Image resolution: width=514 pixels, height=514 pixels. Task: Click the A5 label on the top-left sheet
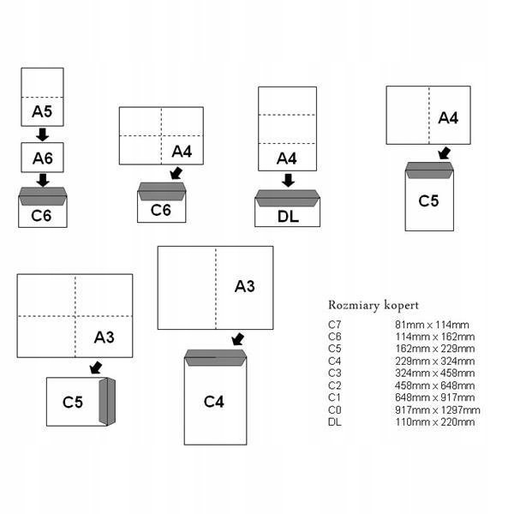coord(42,111)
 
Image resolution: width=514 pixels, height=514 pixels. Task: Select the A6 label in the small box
coord(42,158)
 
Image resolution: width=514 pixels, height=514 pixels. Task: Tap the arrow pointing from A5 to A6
coord(42,134)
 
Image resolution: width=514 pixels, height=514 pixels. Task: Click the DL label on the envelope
coord(288,216)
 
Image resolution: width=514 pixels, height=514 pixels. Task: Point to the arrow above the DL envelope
coord(288,180)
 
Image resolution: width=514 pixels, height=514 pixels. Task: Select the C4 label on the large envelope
coord(214,401)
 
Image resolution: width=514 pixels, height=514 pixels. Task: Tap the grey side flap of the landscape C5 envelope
coord(107,401)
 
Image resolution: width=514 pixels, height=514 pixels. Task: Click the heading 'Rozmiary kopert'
coord(373,305)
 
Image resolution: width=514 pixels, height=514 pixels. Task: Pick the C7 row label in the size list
coord(334,325)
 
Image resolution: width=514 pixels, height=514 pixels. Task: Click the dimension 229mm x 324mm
coord(434,361)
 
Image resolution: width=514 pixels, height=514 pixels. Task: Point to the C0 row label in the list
coord(334,409)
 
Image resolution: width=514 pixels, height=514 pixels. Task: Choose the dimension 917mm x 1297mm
coord(437,409)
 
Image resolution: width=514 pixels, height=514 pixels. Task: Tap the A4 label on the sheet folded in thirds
coord(287,158)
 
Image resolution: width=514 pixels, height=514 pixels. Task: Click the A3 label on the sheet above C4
coord(245,286)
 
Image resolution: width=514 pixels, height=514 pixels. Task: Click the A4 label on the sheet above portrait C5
coord(448,117)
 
